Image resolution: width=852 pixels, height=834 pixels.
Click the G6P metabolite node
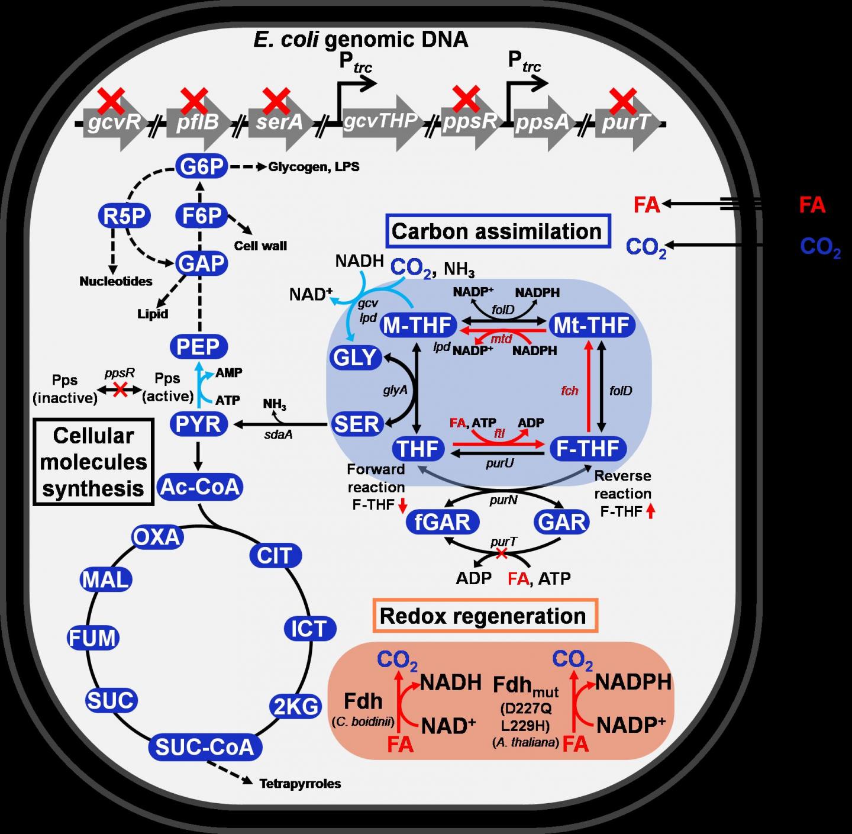coord(202,168)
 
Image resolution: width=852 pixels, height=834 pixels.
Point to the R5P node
coord(124,217)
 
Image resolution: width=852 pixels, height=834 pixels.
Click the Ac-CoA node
coord(201,487)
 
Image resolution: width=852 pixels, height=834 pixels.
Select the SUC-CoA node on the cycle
coord(204,746)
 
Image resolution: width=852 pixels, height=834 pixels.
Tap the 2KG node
coord(296,706)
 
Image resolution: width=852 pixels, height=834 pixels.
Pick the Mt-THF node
coord(592,325)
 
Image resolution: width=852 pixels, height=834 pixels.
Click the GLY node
coord(354,358)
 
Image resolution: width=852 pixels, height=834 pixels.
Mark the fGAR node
coord(443,522)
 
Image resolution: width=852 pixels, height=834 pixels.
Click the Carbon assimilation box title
coord(496,231)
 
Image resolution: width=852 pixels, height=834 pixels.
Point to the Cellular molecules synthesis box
coord(93,462)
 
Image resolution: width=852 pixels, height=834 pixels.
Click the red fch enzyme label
coord(570,391)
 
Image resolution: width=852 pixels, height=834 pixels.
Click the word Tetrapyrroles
coord(300,784)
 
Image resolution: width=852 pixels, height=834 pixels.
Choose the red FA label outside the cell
coord(812,205)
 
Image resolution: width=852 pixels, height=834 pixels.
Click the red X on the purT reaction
coord(501,553)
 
